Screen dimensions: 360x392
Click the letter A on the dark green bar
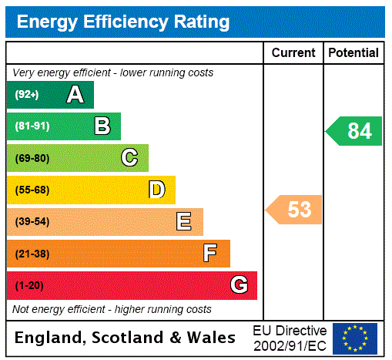point(75,95)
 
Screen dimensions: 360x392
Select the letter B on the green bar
point(102,126)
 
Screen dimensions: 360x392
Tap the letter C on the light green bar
point(129,158)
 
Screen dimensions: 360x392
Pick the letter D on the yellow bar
point(156,190)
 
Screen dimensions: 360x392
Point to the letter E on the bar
point(184,222)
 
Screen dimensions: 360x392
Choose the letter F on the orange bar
point(210,253)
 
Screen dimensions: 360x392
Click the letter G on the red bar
point(239,285)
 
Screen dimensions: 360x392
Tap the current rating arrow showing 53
point(294,209)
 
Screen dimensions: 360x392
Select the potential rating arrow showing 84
point(354,131)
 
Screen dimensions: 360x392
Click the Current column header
point(293,53)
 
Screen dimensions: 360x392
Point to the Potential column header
point(353,53)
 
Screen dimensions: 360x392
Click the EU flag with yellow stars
point(355,338)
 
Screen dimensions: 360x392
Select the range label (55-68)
point(32,190)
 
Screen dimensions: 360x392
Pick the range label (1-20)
point(29,285)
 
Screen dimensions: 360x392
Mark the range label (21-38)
point(32,254)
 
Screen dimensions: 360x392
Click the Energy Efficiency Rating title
point(123,22)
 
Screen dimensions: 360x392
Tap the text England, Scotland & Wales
point(126,338)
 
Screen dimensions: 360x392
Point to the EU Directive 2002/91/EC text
point(290,338)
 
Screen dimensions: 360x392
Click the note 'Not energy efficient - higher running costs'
point(112,309)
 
